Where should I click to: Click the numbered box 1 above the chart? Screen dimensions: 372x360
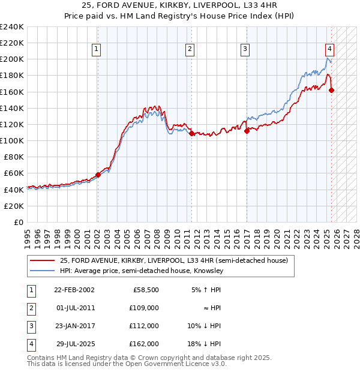click(x=97, y=50)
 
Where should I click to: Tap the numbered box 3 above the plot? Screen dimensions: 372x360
click(x=245, y=50)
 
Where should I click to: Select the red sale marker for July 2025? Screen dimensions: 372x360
click(x=332, y=91)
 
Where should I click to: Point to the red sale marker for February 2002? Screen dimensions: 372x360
click(x=98, y=175)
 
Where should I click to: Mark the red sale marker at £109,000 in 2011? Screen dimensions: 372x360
click(x=191, y=134)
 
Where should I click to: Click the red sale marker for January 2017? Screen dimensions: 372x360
click(x=247, y=131)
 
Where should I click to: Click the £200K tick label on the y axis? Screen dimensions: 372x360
click(x=12, y=59)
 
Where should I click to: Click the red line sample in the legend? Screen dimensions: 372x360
click(x=43, y=260)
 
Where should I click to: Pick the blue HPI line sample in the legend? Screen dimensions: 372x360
click(x=43, y=271)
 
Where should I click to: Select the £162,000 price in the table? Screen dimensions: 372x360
click(x=144, y=344)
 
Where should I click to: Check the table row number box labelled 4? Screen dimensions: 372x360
click(x=31, y=344)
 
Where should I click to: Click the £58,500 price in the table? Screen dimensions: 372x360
click(x=146, y=289)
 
